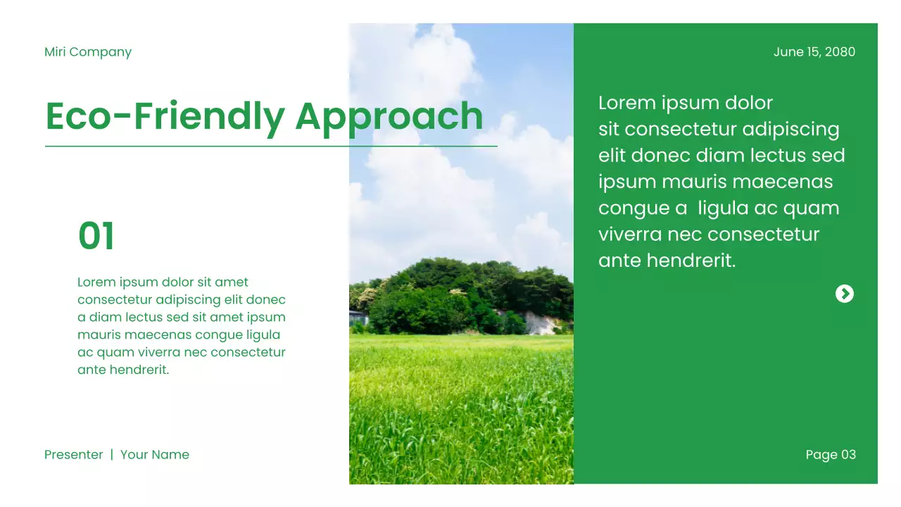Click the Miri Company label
pyautogui.click(x=88, y=52)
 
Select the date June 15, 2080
pyautogui.click(x=814, y=52)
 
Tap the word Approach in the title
pyautogui.click(x=389, y=117)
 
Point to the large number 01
pyautogui.click(x=96, y=237)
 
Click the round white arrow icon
pyautogui.click(x=844, y=294)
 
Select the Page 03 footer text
pyautogui.click(x=831, y=455)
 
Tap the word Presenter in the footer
pyautogui.click(x=74, y=455)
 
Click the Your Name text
pyautogui.click(x=155, y=455)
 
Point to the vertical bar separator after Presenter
pyautogui.click(x=111, y=455)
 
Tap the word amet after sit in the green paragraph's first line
pyautogui.click(x=232, y=282)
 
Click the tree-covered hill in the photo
pyautogui.click(x=465, y=292)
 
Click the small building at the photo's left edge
pyautogui.click(x=357, y=318)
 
